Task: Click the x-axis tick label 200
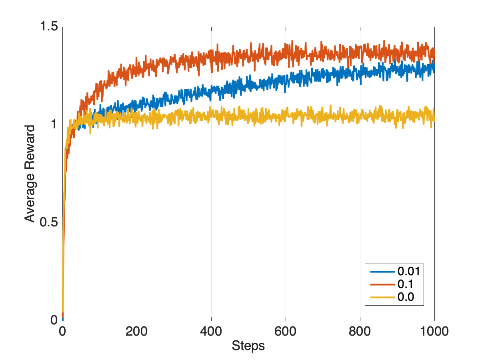137,332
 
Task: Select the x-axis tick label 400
211,332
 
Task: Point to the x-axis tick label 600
286,332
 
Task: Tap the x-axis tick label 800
360,332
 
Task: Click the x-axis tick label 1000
434,332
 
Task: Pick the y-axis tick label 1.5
48,27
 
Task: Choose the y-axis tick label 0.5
48,223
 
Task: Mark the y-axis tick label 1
54,125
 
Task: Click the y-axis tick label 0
54,320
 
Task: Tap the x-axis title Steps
248,346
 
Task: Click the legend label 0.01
408,272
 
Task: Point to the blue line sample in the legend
383,272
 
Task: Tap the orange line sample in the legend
383,284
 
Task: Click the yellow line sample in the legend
383,297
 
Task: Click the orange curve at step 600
286,52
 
